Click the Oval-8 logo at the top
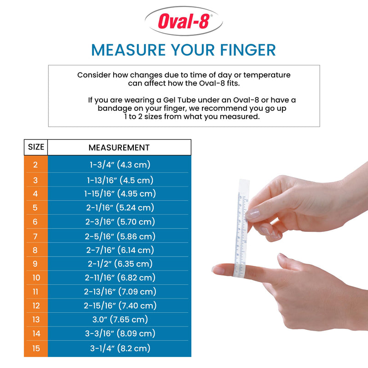point(184,21)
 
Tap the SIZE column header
point(36,147)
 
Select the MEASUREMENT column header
point(119,148)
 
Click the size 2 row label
point(36,165)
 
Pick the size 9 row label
point(36,264)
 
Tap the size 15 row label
point(36,348)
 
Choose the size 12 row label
point(36,305)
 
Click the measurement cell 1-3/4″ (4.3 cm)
point(120,165)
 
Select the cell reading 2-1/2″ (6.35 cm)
point(120,264)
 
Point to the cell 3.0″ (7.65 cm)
point(120,320)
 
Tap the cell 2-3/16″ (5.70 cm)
point(120,222)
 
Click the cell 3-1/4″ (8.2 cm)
point(120,348)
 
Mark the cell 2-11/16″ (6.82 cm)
point(120,278)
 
